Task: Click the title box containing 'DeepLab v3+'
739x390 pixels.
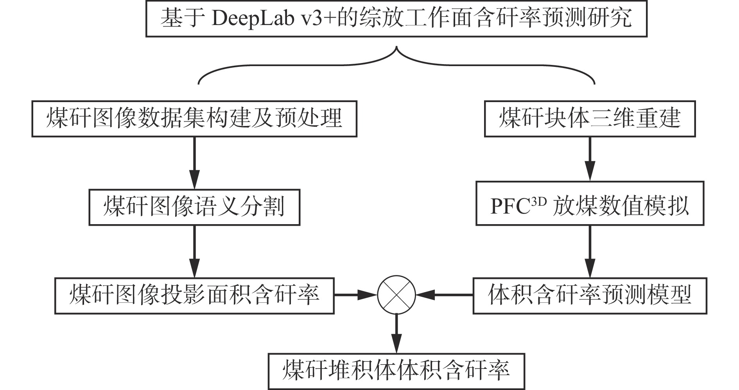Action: (x=396, y=19)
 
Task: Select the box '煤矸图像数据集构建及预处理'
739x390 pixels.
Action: (x=194, y=119)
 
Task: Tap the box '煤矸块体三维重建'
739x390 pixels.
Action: (x=590, y=119)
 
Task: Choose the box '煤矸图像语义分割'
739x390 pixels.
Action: (x=194, y=207)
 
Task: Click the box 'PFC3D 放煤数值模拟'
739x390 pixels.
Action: (x=590, y=203)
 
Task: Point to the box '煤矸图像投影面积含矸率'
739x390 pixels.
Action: (x=194, y=296)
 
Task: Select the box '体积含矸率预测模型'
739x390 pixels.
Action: (x=590, y=296)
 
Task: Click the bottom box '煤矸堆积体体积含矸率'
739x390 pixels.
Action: (x=396, y=371)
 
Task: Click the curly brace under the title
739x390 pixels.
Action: (x=396, y=65)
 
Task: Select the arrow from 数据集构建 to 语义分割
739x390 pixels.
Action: (x=194, y=163)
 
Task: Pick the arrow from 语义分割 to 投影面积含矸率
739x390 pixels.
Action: (x=194, y=251)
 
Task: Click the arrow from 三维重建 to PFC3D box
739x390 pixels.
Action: (x=590, y=158)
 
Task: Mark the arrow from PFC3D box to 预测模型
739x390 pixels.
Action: (x=590, y=251)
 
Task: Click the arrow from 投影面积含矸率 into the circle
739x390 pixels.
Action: (x=355, y=295)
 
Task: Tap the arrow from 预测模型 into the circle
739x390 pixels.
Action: (x=444, y=295)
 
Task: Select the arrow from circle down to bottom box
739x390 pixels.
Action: (x=396, y=333)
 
